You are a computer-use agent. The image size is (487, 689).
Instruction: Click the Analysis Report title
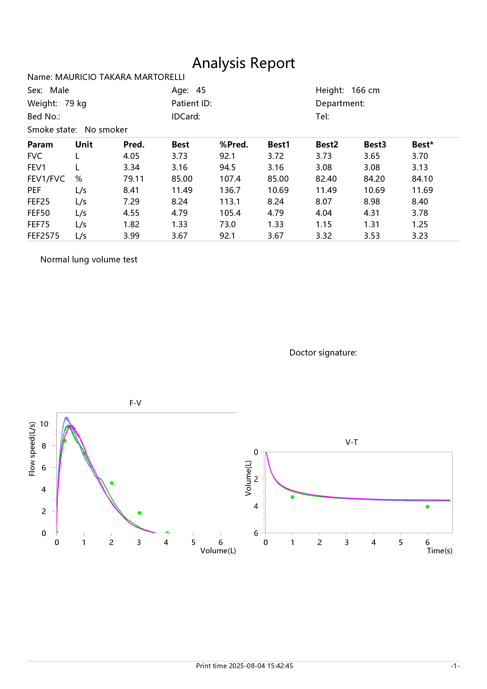point(243,63)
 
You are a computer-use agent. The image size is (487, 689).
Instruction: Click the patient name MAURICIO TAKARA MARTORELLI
point(120,77)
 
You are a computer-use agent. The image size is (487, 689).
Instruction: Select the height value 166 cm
point(365,90)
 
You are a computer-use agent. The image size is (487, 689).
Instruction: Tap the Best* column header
point(423,145)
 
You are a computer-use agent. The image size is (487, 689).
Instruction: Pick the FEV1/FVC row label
point(46,179)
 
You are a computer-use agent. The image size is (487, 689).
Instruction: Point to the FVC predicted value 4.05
point(131,156)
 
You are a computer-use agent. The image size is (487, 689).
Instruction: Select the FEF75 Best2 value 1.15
point(324,224)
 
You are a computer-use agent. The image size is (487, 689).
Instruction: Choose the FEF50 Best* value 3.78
point(420,213)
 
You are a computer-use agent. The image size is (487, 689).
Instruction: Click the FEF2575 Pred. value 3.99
point(131,236)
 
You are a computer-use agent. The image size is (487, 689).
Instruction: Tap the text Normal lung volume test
point(89,260)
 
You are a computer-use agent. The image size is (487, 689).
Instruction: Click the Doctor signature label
point(323,353)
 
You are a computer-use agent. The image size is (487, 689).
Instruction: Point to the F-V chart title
point(135,403)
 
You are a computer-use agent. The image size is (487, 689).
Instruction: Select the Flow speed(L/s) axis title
point(32,449)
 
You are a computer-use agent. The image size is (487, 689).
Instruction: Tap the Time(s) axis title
point(440,551)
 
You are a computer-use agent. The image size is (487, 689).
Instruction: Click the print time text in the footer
point(244,666)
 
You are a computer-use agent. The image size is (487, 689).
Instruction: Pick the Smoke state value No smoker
point(106,130)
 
